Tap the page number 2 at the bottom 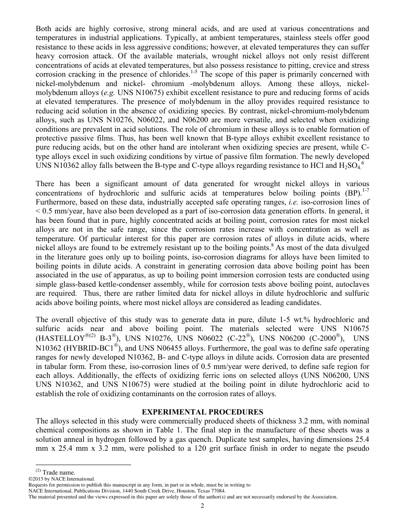click(x=202, y=506)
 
